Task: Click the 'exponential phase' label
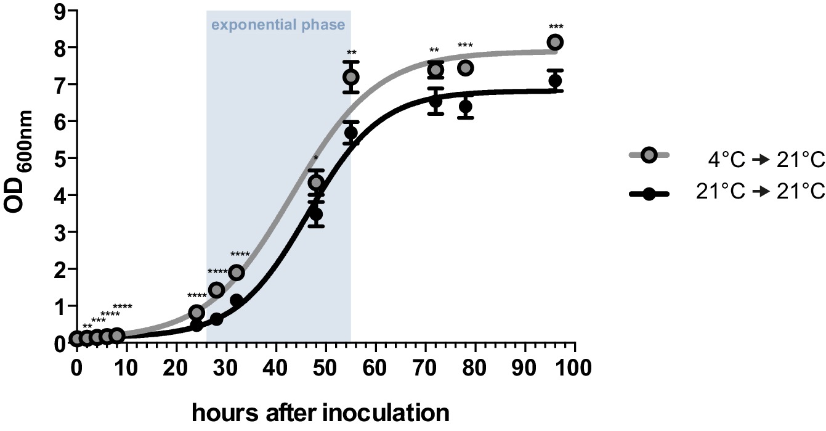278,26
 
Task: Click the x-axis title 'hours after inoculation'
320,413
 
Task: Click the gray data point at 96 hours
555,42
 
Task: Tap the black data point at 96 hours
555,81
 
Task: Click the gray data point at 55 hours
351,77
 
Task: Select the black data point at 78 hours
466,107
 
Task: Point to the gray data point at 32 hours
237,273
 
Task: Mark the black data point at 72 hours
435,101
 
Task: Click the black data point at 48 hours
316,214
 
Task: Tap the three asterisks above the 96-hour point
556,27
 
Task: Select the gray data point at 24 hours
196,313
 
